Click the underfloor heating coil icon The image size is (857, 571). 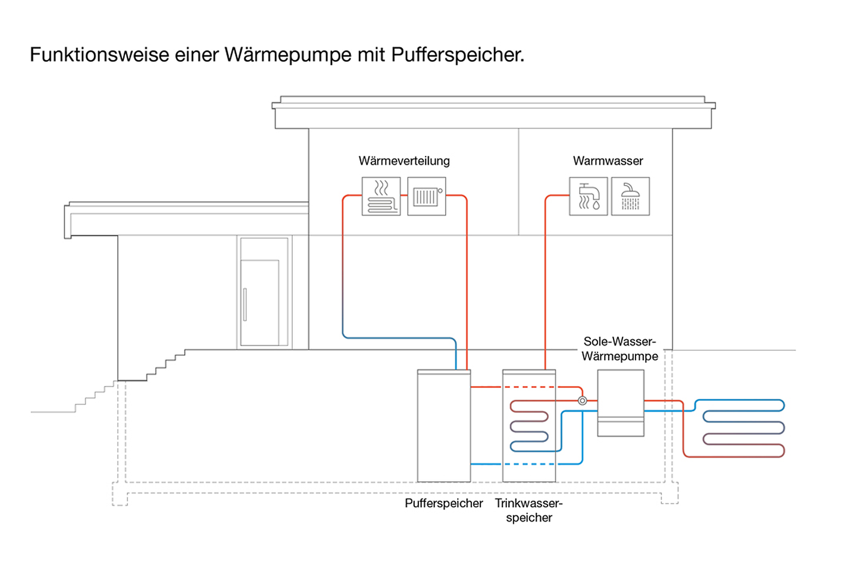pyautogui.click(x=381, y=196)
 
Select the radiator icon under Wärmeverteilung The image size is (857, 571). pyautogui.click(x=426, y=196)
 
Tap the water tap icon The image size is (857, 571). pyautogui.click(x=588, y=196)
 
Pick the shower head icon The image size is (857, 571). pyautogui.click(x=630, y=196)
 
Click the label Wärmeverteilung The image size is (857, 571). pyautogui.click(x=404, y=161)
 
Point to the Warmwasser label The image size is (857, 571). pyautogui.click(x=608, y=161)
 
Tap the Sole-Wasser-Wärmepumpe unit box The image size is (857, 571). pyautogui.click(x=620, y=402)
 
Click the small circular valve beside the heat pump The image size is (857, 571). pyautogui.click(x=583, y=401)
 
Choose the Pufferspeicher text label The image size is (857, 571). pyautogui.click(x=443, y=503)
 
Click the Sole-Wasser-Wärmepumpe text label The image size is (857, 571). pyautogui.click(x=620, y=349)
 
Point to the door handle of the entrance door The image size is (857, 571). pyautogui.click(x=245, y=304)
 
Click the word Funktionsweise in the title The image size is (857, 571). pyautogui.click(x=99, y=55)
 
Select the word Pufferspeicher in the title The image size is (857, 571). pyautogui.click(x=457, y=55)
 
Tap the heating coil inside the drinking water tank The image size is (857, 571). pyautogui.click(x=529, y=426)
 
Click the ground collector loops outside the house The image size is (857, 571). pyautogui.click(x=743, y=428)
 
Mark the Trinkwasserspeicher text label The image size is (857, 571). pyautogui.click(x=528, y=510)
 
